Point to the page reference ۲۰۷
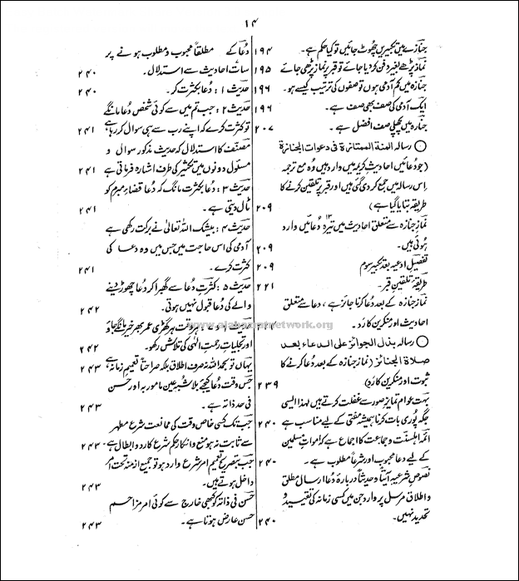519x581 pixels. point(264,130)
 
